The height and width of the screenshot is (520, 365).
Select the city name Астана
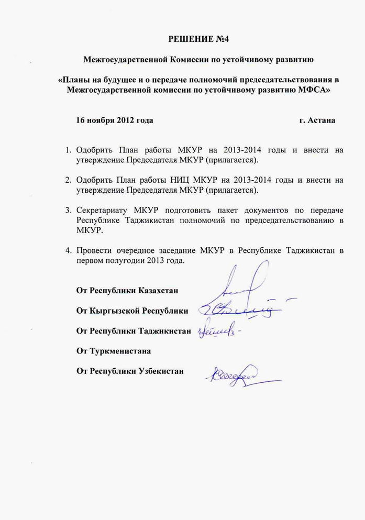pyautogui.click(x=322, y=120)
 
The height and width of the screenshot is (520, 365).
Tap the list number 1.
pyautogui.click(x=68, y=150)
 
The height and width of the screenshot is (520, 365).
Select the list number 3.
pyautogui.click(x=68, y=211)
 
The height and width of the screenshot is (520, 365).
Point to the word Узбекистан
pyautogui.click(x=161, y=371)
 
